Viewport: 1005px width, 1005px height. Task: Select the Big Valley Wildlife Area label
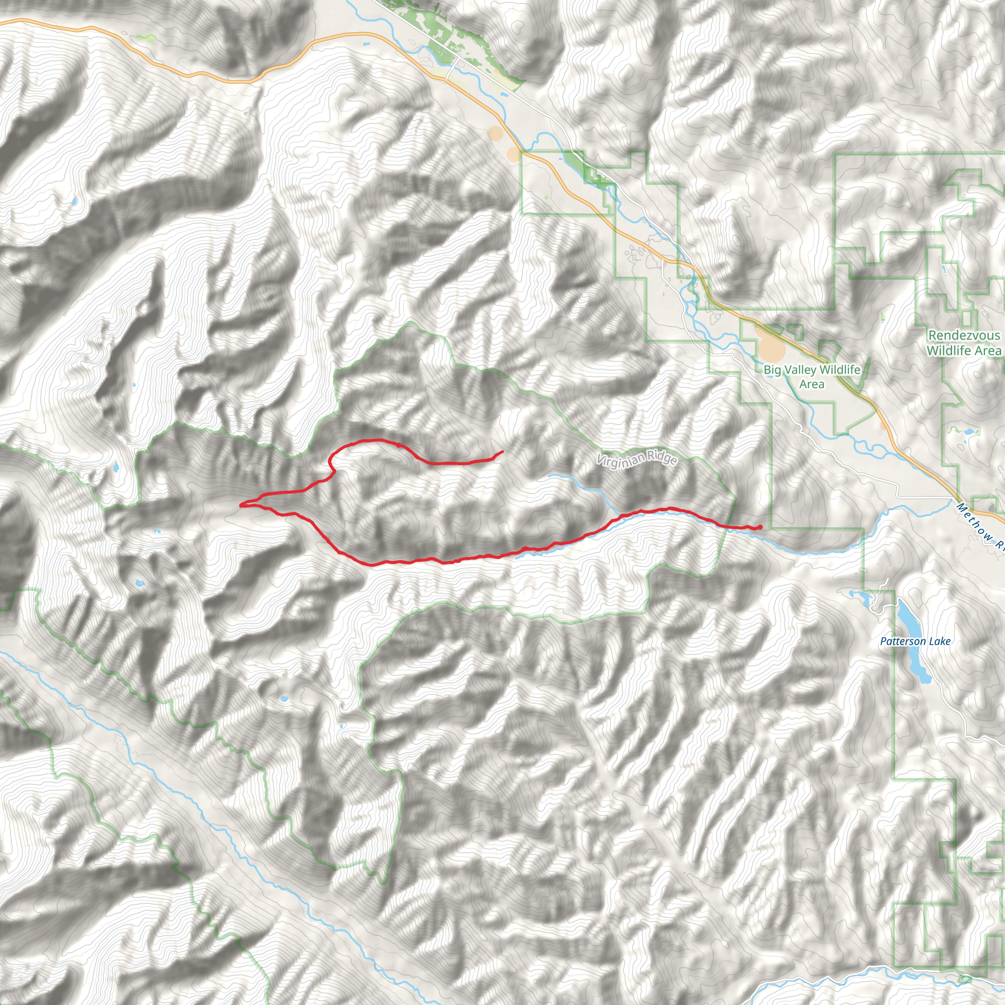coord(812,376)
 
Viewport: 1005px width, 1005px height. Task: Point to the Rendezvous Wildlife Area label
coord(964,343)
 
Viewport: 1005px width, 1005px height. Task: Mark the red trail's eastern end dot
coord(760,528)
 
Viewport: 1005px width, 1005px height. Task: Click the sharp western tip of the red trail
coord(240,504)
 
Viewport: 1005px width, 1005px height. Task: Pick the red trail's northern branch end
coord(502,451)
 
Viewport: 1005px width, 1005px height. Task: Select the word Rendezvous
coord(964,336)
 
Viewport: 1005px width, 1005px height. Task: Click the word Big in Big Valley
coord(772,370)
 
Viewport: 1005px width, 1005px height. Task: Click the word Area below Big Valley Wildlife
coord(812,384)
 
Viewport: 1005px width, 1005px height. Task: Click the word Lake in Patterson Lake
coord(939,641)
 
